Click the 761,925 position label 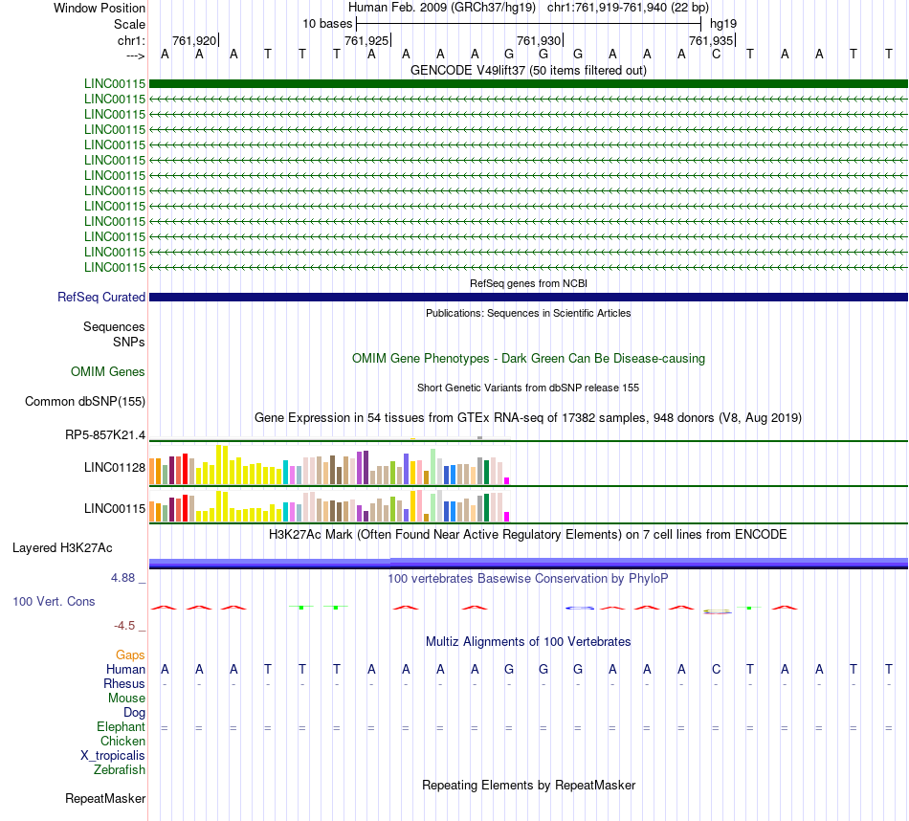(x=366, y=40)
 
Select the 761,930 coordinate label (x=539, y=40)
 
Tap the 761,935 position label (x=711, y=40)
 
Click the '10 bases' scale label (x=326, y=23)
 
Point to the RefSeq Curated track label (x=101, y=298)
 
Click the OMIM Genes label (x=108, y=371)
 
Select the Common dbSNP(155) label (x=85, y=402)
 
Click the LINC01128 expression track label (x=115, y=467)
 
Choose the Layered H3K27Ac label (x=62, y=548)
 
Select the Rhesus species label (x=124, y=684)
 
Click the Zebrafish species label (x=120, y=769)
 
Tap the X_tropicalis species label (x=113, y=755)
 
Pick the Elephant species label (x=121, y=727)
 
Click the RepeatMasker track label (x=105, y=798)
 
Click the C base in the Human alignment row (x=716, y=669)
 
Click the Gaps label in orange (x=130, y=655)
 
